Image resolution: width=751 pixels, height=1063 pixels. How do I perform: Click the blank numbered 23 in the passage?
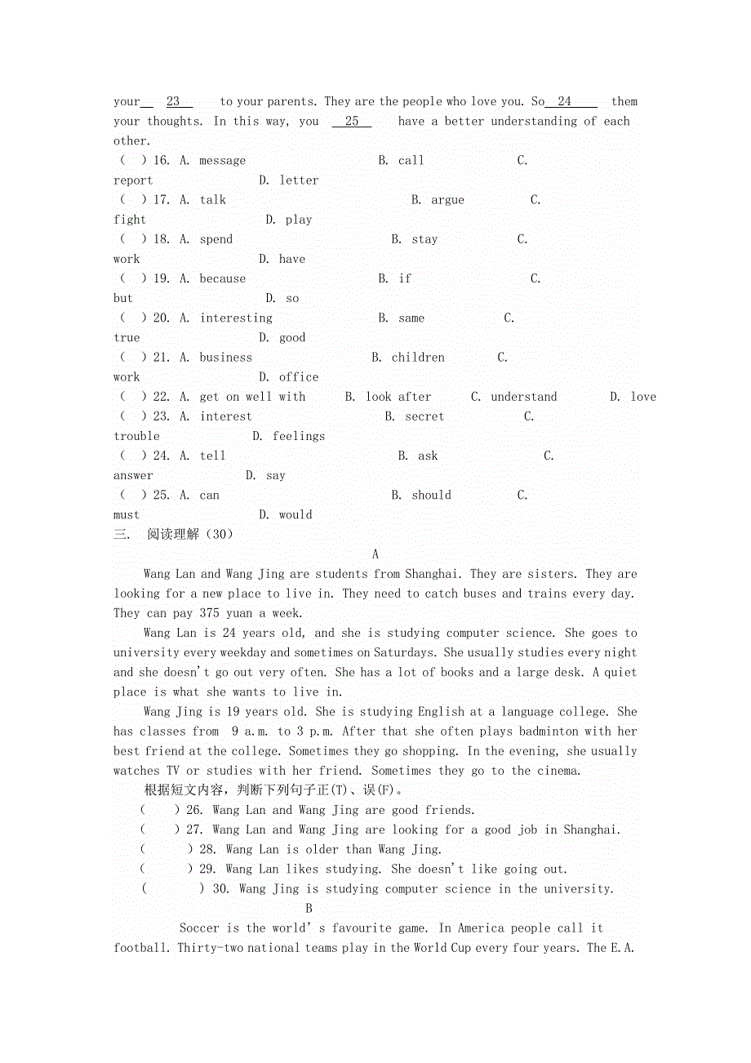173,102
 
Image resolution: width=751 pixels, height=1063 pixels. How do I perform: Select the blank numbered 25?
352,122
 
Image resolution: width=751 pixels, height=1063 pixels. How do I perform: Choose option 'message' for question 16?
222,161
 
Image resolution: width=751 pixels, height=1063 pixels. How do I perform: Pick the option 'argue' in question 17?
447,200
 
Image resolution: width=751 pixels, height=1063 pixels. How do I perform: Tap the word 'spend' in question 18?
216,239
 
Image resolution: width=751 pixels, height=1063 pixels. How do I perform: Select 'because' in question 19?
222,278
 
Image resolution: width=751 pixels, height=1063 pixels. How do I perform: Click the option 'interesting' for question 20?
236,318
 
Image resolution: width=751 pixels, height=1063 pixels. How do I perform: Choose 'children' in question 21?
418,357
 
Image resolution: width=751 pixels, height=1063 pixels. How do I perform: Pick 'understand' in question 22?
524,397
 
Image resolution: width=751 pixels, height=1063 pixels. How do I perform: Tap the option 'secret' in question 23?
424,416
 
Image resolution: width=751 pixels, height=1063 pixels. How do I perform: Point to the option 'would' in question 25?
296,514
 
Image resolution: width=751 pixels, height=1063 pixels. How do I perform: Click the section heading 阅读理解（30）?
190,535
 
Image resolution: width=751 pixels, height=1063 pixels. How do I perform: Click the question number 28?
208,849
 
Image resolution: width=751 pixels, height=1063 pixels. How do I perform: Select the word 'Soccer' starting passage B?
199,928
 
